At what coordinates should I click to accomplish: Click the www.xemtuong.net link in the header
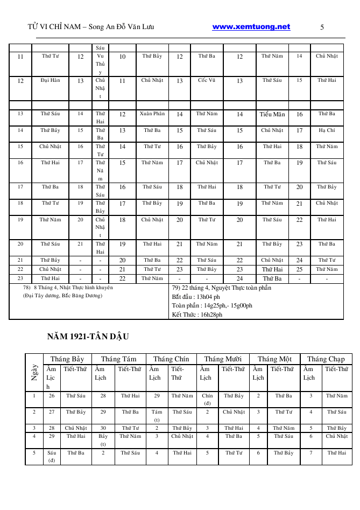251,27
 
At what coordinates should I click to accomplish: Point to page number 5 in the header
322,27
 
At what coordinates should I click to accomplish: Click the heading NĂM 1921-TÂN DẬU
88,337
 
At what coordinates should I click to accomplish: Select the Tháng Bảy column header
67,359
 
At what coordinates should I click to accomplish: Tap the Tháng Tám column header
118,359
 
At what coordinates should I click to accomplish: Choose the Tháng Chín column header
171,359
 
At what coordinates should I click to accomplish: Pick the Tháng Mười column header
222,359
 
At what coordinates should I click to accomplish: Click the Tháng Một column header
274,359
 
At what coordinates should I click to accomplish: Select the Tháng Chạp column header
326,359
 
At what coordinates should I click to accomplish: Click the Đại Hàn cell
51,80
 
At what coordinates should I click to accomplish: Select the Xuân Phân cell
152,114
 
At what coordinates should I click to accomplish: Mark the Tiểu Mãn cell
272,114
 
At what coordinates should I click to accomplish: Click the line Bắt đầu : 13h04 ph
196,297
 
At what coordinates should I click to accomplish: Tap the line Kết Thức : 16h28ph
197,315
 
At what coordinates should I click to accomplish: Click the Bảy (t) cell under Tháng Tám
103,440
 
